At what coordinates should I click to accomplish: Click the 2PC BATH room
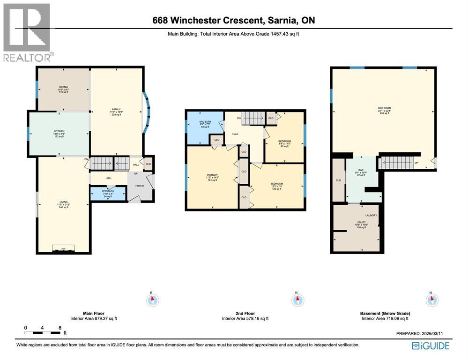click(x=108, y=194)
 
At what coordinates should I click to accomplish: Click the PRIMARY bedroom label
click(x=213, y=177)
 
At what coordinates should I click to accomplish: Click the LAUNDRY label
click(x=371, y=215)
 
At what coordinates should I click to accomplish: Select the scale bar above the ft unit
click(x=43, y=333)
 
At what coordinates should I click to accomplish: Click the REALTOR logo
click(x=27, y=32)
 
